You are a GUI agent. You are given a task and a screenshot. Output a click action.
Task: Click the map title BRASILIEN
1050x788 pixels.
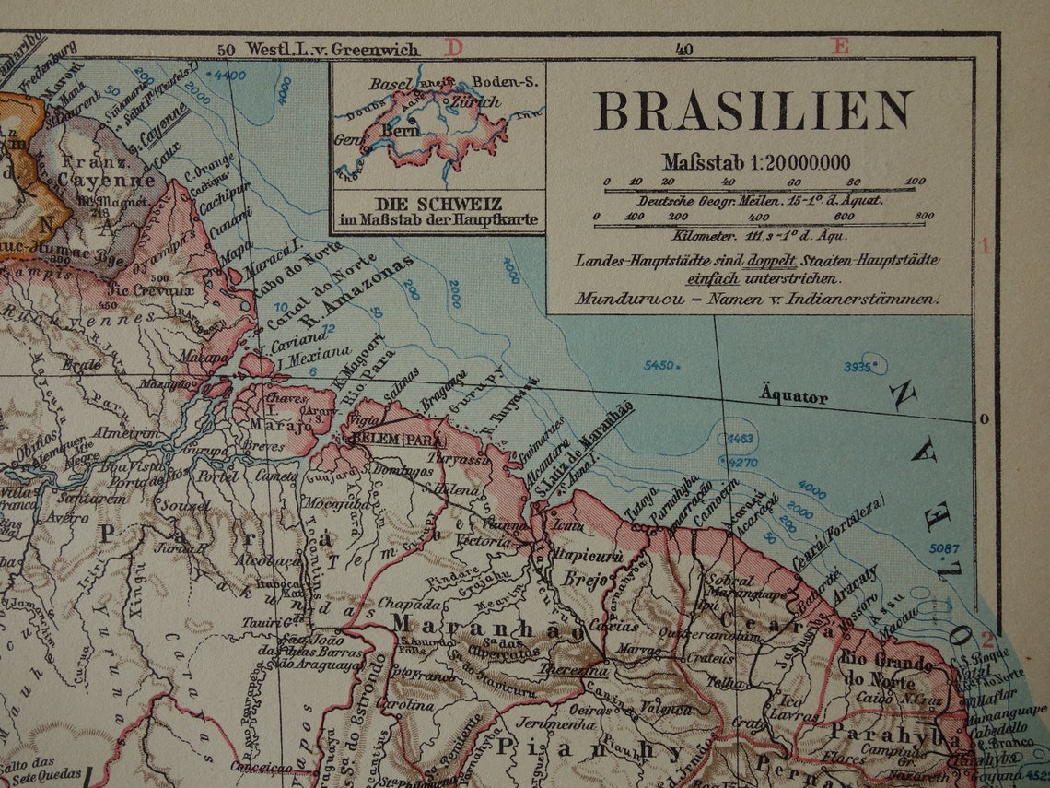pos(753,112)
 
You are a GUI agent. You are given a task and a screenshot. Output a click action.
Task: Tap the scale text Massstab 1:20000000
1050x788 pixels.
pos(755,162)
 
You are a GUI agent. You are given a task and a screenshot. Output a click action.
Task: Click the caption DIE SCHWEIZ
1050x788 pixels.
pos(438,205)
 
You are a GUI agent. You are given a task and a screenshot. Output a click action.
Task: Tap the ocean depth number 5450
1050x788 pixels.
pos(659,366)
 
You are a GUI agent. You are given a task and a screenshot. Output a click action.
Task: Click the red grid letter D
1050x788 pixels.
pos(453,47)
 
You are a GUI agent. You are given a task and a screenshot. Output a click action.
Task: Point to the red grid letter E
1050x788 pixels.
pos(840,46)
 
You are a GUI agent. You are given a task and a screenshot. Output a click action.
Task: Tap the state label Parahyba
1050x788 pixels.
pos(891,734)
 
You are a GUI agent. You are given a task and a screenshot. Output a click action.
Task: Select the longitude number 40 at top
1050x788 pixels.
pos(683,50)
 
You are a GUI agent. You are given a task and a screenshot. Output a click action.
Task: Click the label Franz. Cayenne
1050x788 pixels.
pos(109,171)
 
